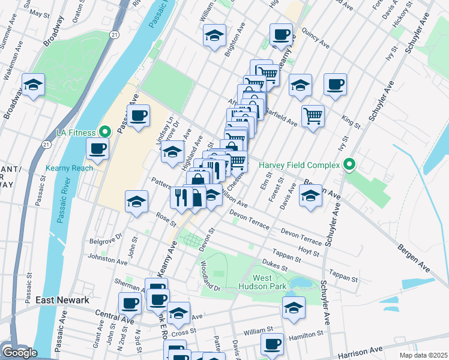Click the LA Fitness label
click(76, 132)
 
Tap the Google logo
click(19, 353)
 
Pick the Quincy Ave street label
click(316, 41)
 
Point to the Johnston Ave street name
click(107, 262)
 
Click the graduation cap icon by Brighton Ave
click(214, 35)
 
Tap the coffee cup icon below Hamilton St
click(272, 344)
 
